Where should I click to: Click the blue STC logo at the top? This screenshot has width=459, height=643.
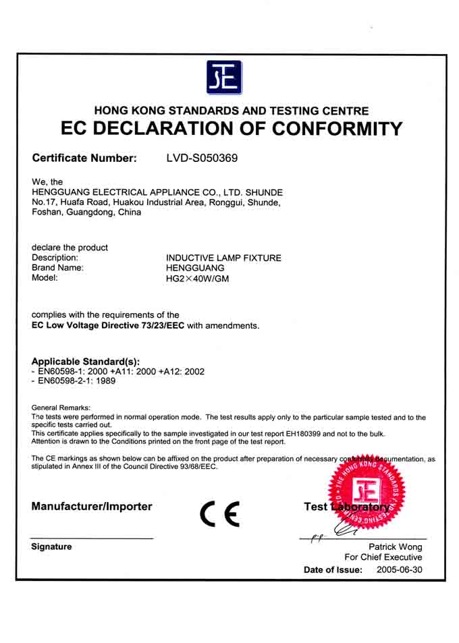(223, 78)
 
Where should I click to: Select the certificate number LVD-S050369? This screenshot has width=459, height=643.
(202, 159)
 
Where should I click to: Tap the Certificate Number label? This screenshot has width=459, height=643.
(84, 159)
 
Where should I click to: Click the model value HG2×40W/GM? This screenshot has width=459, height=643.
(197, 279)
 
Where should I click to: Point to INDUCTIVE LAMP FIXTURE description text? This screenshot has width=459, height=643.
(223, 258)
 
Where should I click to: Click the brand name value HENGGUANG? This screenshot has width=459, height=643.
(195, 268)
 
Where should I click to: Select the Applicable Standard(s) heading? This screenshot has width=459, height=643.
(85, 362)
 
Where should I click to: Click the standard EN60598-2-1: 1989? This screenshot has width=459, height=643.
(75, 381)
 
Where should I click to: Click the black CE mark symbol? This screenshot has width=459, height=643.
(219, 515)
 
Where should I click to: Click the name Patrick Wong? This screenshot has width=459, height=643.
(395, 547)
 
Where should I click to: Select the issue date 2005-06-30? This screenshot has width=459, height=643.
(400, 570)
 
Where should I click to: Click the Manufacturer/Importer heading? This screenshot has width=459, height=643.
(92, 507)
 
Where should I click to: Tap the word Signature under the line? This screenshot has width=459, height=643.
(51, 547)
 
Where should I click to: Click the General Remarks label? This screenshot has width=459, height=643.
(61, 408)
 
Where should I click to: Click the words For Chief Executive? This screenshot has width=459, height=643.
(383, 557)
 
